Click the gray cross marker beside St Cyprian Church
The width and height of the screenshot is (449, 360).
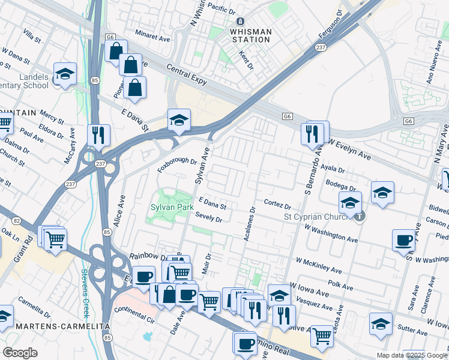tap(359, 216)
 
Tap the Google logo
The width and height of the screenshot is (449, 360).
tap(20, 353)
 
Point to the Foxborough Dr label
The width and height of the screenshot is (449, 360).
tap(178, 161)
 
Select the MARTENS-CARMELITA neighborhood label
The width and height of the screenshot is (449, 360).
tap(55, 326)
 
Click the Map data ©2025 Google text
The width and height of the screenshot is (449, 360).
tap(411, 355)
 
